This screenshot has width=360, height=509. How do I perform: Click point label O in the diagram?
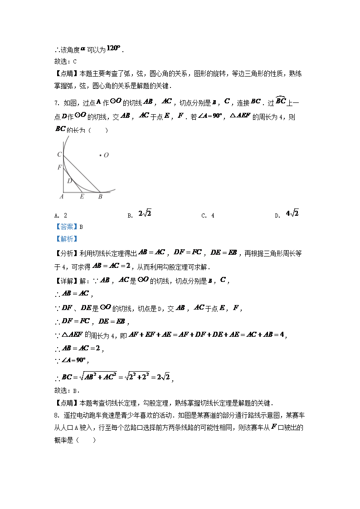106,155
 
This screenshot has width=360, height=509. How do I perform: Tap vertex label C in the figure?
59,155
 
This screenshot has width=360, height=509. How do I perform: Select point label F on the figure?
59,167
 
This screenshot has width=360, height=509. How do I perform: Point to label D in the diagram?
70,180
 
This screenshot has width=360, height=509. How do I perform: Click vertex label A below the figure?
61,197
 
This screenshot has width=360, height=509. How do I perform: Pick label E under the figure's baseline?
82,197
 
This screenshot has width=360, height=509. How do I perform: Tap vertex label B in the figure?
100,197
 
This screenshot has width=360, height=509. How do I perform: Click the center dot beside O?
100,155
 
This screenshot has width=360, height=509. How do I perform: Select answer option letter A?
55,216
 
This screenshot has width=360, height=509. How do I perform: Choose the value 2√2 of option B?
145,213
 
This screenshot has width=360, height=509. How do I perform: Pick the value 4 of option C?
213,216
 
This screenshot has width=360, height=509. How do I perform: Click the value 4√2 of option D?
292,213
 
